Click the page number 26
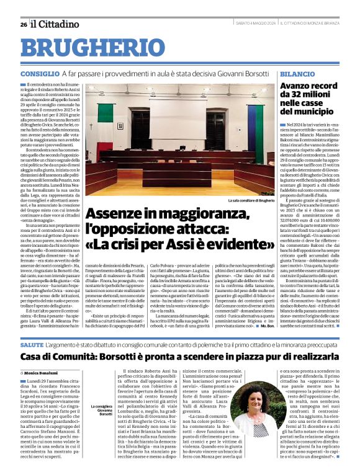(x=23, y=24)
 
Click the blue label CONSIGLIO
(x=40, y=74)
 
